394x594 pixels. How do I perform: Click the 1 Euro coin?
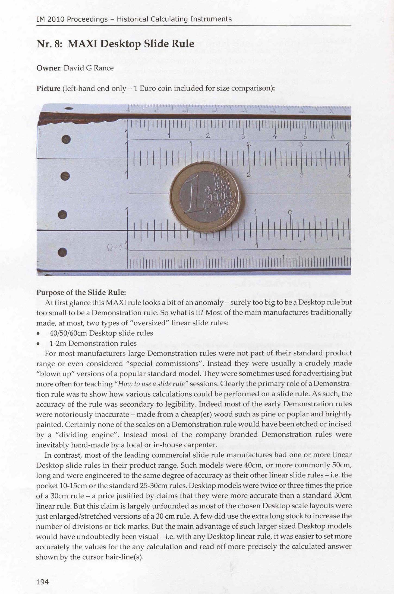click(x=205, y=197)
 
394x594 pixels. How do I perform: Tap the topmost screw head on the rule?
click(x=66, y=139)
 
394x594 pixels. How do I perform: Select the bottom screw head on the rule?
click(x=63, y=252)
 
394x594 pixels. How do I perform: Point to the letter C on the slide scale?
click(x=290, y=212)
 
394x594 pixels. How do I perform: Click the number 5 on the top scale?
click(x=305, y=137)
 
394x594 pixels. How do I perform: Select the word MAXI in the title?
click(x=83, y=44)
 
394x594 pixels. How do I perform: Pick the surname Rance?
click(x=103, y=68)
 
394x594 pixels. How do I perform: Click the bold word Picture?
click(x=48, y=89)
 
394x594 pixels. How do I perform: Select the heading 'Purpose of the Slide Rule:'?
click(x=81, y=293)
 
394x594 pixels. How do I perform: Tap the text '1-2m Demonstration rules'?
click(x=93, y=343)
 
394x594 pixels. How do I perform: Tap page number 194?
click(x=42, y=582)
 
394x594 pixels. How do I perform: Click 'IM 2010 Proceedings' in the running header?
click(x=72, y=19)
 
